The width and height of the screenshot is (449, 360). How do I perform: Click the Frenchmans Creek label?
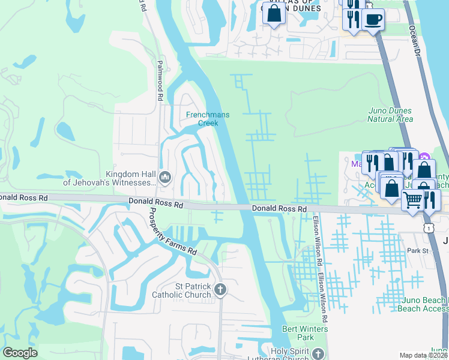point(202,119)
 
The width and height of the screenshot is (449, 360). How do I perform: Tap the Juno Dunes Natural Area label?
point(390,115)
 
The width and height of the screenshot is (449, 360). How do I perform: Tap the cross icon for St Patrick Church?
point(220,290)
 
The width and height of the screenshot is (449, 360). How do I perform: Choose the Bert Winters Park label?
point(307,333)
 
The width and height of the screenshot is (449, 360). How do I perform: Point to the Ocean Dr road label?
point(414,43)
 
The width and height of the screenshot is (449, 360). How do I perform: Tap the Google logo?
point(20,353)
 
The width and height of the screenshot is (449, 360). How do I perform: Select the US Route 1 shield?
point(427,228)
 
